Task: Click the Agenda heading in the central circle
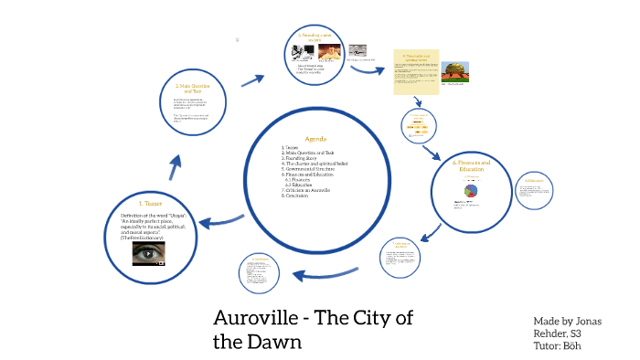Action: click(315, 139)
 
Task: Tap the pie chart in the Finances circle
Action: click(473, 192)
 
